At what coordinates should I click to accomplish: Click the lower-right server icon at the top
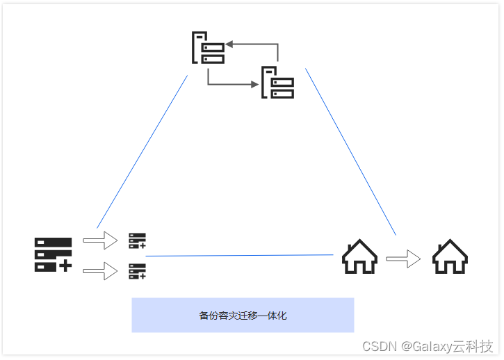tap(278, 83)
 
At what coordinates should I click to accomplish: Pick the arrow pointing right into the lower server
tap(232, 85)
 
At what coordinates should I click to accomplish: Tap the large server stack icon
tap(53, 254)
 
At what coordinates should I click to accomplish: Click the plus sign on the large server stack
tap(65, 265)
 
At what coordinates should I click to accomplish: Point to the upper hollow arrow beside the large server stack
tap(100, 240)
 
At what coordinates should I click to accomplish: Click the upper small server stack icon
tap(137, 241)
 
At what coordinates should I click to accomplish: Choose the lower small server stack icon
tap(137, 271)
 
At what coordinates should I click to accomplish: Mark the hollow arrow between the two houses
tap(404, 259)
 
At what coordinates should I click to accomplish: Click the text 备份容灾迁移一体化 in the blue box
tap(243, 316)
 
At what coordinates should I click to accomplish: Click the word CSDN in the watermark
tap(379, 346)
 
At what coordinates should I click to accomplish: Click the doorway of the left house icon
tap(359, 265)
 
